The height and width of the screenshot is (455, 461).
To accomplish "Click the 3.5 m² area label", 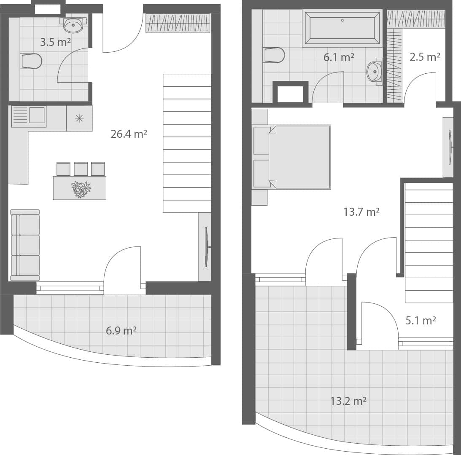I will coord(55,42).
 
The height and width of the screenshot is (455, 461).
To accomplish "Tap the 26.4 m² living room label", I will coord(129,134).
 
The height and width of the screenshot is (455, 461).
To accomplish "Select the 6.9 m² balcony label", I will coord(121,330).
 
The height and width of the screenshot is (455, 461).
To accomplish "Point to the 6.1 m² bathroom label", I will coord(339,57).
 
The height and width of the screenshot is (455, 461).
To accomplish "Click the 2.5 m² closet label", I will coord(425,57).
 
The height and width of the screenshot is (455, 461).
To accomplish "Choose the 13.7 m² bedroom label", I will coord(361,212).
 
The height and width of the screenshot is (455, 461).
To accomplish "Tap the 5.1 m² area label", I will coord(421,321).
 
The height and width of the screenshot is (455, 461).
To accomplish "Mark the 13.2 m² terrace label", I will coord(348,401).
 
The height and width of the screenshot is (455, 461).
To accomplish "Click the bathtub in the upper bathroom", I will coord(342,28).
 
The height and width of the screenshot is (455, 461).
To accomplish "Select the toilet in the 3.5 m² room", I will coord(32,62).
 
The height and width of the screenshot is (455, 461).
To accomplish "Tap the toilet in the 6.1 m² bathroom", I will coord(274,55).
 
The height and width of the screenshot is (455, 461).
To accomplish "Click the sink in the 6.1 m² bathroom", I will coord(374,72).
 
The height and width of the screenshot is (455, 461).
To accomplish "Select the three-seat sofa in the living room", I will coord(25,245).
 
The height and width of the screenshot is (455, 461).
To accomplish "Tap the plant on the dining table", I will coord(81,189).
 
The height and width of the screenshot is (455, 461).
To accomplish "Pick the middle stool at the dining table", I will coord(81,169).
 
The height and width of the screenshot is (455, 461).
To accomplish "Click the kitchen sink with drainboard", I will coord(29,116).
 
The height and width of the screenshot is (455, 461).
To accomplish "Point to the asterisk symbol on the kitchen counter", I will coord(79,118).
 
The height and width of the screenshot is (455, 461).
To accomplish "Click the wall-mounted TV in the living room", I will coord(206,247).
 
